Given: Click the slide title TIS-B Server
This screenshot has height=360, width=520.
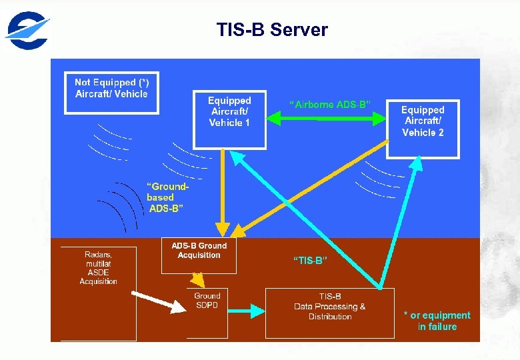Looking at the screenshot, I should click(272, 30).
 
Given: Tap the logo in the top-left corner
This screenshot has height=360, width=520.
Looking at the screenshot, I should click(27, 30).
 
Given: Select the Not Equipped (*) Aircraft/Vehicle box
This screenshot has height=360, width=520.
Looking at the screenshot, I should click(111, 93).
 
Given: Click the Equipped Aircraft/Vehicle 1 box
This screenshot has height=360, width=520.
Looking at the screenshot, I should click(229, 119).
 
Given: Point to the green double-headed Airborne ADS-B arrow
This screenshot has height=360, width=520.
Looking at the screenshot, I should click(327, 119).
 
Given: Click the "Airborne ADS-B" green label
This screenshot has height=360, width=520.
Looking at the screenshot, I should click(329, 104).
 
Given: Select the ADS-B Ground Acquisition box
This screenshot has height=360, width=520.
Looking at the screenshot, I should click(199, 255).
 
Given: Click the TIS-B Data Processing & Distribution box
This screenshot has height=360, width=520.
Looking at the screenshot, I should click(329, 313).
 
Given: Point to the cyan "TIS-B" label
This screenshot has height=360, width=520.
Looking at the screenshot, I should click(310, 261).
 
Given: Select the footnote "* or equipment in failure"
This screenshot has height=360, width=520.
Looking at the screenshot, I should click(437, 321).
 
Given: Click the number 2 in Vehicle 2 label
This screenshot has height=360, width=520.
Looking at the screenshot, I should click(441, 132).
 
